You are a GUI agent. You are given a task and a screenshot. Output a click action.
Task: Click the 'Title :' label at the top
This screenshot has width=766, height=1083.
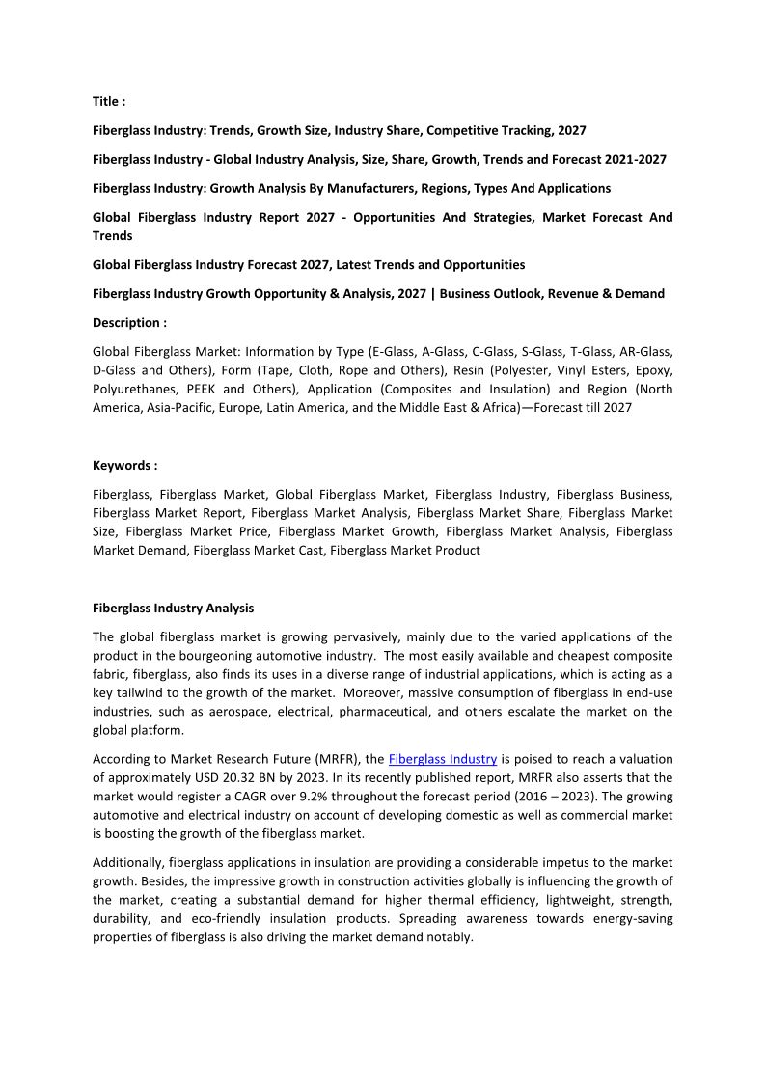tap(109, 101)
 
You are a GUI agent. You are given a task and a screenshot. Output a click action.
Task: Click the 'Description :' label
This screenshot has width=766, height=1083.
tap(129, 322)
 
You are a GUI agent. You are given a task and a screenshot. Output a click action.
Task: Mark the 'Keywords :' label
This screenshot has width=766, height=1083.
tap(124, 465)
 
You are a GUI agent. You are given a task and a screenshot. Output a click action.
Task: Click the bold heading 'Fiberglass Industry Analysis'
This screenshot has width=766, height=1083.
tap(174, 609)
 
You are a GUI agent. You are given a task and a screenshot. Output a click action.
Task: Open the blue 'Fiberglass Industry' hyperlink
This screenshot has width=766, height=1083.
tap(443, 759)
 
